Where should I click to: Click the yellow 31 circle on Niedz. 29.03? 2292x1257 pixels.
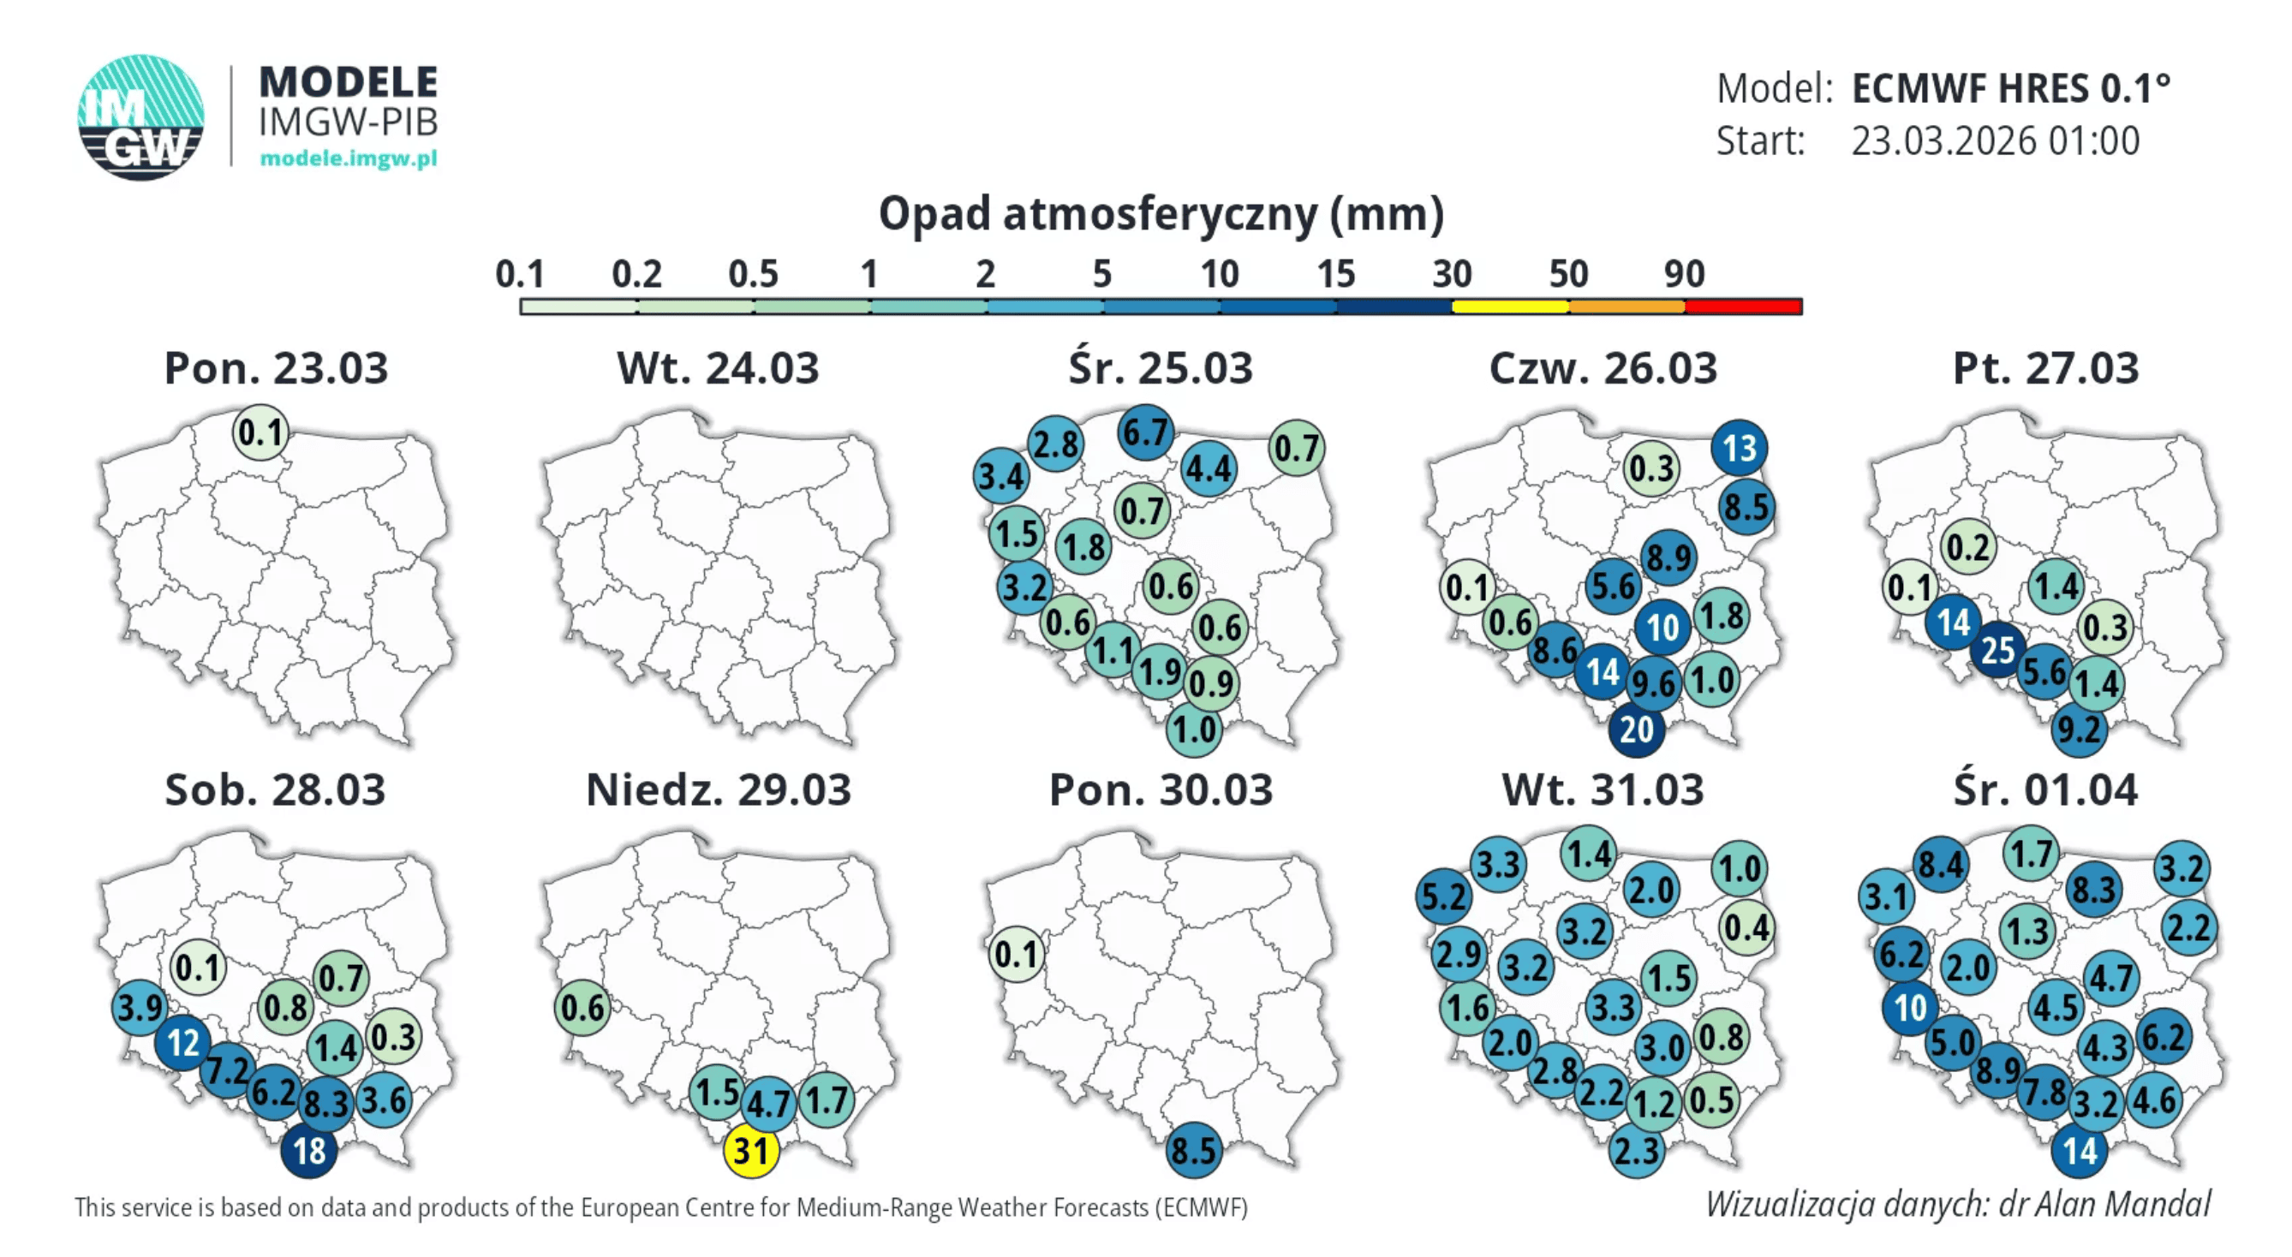(751, 1150)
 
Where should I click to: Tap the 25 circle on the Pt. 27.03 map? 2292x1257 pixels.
(1997, 649)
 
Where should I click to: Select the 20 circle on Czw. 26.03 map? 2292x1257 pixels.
(1635, 730)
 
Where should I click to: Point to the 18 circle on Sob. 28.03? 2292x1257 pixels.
(308, 1150)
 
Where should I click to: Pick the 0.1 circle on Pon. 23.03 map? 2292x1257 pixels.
(260, 432)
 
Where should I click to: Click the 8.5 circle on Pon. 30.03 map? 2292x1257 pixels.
(1192, 1150)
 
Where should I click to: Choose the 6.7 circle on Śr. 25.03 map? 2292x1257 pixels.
(1144, 432)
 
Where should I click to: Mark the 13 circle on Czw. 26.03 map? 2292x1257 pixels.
(1739, 448)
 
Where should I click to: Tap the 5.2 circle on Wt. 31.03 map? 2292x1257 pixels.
(1442, 896)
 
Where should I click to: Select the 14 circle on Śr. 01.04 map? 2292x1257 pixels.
(2080, 1150)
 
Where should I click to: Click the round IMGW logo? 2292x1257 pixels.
(140, 116)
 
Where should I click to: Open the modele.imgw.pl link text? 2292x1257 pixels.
(348, 158)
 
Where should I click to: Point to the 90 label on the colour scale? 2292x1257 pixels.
(1683, 273)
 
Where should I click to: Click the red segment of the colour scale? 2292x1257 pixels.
(1743, 307)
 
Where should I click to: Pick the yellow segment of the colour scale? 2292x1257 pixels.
(1509, 307)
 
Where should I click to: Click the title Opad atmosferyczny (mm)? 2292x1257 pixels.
(1161, 214)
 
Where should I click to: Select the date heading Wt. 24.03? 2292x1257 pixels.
(717, 368)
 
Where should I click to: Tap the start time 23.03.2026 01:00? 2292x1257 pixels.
(1995, 140)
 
